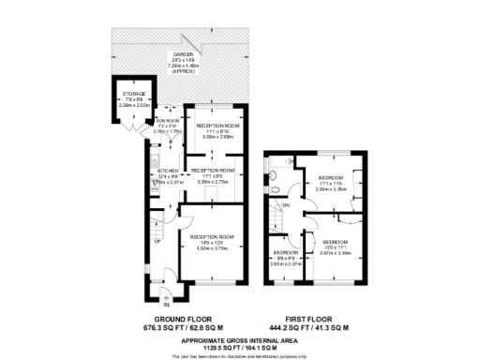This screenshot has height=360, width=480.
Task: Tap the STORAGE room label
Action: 137,96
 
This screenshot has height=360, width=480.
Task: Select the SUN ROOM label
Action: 167,121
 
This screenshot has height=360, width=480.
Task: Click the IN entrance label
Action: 166,305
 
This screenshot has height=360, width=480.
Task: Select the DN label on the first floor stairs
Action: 287,205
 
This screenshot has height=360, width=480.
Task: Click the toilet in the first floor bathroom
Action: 280,186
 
